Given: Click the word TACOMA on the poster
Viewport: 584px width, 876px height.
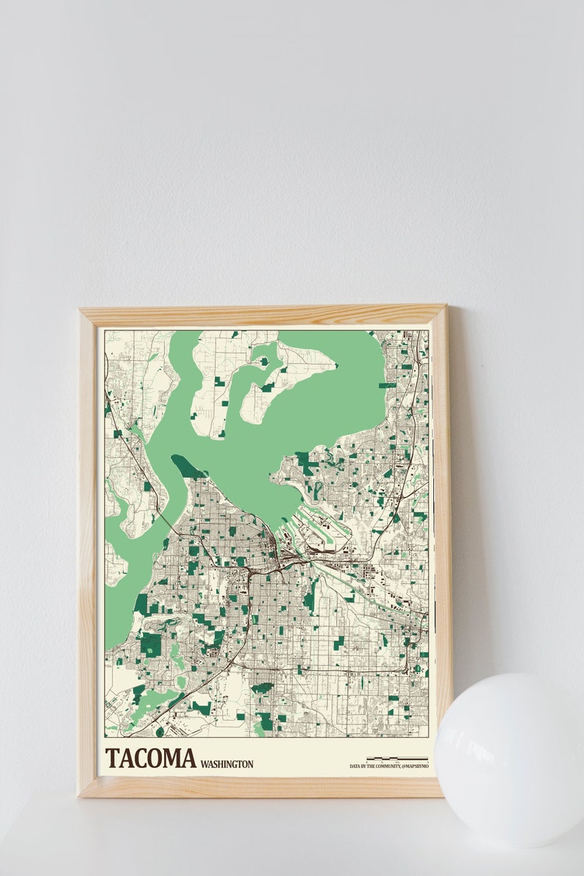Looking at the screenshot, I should coord(151,758).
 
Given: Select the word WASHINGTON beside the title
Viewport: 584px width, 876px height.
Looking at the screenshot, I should coord(227,764).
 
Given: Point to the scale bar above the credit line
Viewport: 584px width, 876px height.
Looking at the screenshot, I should coord(396,758).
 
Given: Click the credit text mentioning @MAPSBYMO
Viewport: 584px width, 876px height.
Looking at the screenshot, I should coord(388,766).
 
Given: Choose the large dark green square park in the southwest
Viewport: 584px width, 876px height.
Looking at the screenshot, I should coord(152,644).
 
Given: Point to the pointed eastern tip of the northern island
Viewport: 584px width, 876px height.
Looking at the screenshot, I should coord(335,365).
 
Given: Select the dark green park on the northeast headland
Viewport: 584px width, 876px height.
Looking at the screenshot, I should coord(305,463).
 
